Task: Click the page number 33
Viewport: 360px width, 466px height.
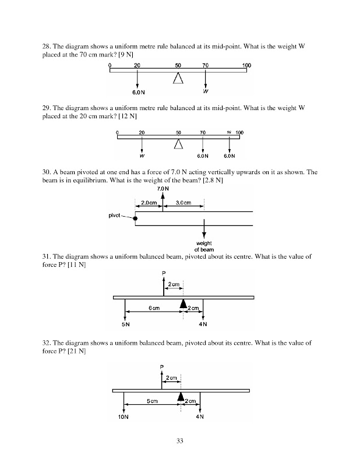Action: click(x=180, y=441)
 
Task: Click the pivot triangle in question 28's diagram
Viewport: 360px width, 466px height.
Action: click(x=178, y=78)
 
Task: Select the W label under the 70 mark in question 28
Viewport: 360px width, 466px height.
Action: click(x=205, y=91)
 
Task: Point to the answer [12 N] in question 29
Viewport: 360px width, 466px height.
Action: click(x=128, y=116)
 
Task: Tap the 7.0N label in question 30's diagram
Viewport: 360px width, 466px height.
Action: click(x=163, y=189)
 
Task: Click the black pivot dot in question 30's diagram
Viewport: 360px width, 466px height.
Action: click(x=135, y=218)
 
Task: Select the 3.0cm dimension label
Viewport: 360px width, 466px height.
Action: click(x=183, y=203)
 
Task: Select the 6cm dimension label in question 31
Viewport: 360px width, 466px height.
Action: click(x=154, y=308)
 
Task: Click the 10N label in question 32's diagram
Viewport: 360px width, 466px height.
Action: click(x=123, y=417)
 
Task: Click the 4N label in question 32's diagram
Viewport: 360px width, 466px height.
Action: click(x=200, y=417)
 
